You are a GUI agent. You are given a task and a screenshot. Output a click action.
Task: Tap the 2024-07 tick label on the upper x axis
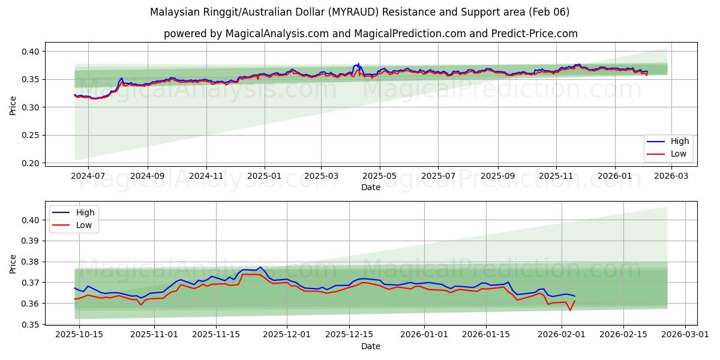tap(88, 176)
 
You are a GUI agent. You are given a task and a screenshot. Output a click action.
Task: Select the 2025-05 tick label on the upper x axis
tap(379, 176)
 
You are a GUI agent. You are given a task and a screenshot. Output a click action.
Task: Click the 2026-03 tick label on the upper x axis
tap(671, 176)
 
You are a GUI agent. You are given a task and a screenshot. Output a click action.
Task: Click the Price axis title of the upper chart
tap(13, 106)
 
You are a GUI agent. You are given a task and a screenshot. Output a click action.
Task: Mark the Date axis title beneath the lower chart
tap(370, 346)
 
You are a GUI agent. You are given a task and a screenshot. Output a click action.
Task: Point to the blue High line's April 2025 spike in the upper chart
tap(358, 64)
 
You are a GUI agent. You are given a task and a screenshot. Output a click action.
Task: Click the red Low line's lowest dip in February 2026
tap(570, 310)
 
